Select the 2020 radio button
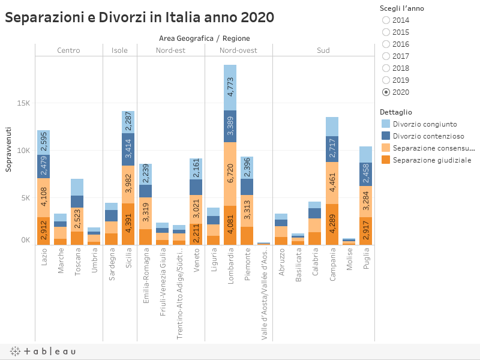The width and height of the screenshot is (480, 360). point(386,92)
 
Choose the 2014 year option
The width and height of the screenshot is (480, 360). point(386,20)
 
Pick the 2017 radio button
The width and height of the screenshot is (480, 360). point(386,56)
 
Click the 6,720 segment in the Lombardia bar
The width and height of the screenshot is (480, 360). point(230,174)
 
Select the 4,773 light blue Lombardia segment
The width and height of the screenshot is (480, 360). point(230,88)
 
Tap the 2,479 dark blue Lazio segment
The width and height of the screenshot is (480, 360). point(43,166)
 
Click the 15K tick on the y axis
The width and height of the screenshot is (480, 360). point(23,103)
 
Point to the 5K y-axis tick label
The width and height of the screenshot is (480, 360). point(23,198)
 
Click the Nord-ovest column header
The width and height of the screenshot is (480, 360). point(238,50)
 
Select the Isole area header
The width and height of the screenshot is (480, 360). point(119,50)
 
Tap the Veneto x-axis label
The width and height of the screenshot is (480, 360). point(196,260)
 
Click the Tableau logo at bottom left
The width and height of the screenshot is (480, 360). point(43,351)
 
